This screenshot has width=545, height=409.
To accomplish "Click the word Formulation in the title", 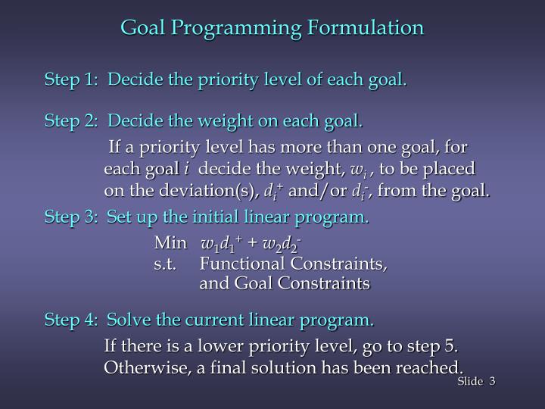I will pos(366,28).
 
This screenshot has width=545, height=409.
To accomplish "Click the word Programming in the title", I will pos(238,28).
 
